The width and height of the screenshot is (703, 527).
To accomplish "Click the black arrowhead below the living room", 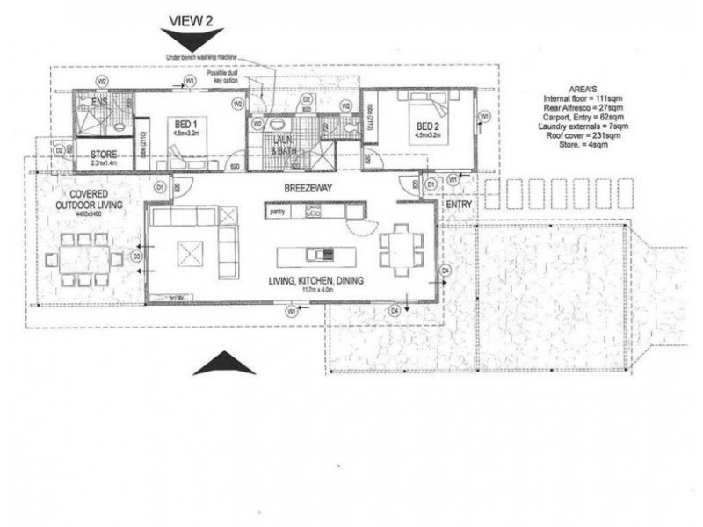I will pyautogui.click(x=223, y=363).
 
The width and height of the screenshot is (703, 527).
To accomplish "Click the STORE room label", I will pyautogui.click(x=104, y=155).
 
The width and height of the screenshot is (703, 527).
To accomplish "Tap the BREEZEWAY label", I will pyautogui.click(x=304, y=188).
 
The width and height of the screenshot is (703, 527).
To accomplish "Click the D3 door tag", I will pyautogui.click(x=136, y=256).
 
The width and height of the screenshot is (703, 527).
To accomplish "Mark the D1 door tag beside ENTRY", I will pyautogui.click(x=431, y=185).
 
